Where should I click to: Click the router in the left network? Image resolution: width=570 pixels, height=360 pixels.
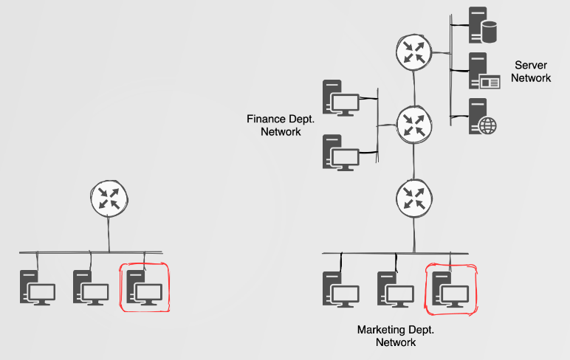pos(109,198)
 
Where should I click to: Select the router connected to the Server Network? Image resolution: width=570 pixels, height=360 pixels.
pos(413,52)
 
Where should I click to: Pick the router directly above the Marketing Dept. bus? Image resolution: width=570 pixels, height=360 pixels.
pos(413,197)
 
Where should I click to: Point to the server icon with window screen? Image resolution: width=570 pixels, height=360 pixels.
pos(482,72)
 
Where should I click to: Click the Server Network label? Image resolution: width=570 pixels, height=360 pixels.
pos(531,72)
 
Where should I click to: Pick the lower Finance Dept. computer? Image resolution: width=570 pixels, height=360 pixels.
pos(340,152)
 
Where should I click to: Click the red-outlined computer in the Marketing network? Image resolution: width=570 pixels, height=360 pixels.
pos(450,289)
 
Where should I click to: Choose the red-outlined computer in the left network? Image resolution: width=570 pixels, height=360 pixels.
pos(144,287)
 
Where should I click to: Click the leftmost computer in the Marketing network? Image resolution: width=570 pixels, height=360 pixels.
pos(340,289)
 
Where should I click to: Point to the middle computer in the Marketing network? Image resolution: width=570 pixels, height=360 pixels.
pos(394,289)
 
